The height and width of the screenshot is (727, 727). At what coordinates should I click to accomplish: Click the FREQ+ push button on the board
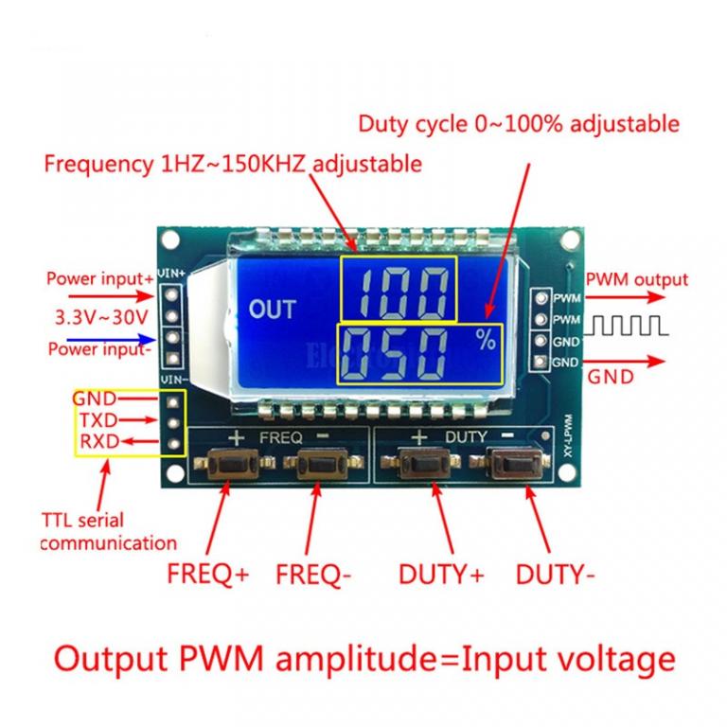point(228,465)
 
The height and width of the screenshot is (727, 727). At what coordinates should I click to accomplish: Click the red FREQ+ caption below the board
point(207,574)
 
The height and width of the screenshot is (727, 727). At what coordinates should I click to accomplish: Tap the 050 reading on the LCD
point(399,353)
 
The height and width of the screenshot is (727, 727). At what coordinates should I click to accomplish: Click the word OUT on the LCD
point(272,309)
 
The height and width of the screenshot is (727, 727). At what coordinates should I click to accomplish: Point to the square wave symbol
point(630,327)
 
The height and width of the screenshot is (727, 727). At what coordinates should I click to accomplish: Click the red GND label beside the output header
point(612,376)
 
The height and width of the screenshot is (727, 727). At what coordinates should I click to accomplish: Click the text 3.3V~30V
point(94,314)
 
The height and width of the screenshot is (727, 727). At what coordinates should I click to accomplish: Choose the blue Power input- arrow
point(122,338)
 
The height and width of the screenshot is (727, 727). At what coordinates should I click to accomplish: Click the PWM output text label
point(636,279)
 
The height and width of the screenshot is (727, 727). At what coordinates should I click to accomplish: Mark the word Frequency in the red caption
point(97,164)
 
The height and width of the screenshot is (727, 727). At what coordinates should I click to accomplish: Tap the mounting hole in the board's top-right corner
point(570,237)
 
